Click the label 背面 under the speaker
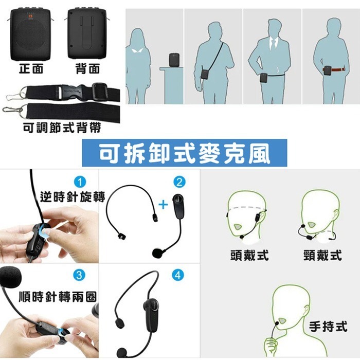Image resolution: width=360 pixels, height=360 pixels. click(x=87, y=69)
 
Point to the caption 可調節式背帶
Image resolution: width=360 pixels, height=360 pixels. click(x=62, y=127)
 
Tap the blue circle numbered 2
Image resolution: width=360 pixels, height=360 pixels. click(x=179, y=182)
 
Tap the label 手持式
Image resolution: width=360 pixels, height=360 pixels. click(x=328, y=326)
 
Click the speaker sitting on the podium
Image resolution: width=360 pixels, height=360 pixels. click(x=174, y=60)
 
